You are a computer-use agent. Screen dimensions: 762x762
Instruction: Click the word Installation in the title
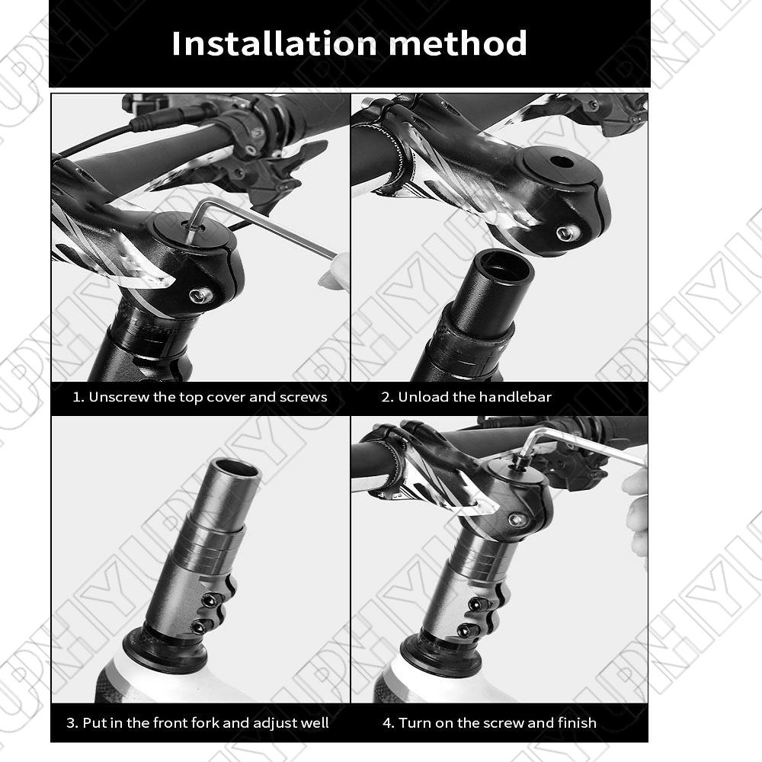(274, 43)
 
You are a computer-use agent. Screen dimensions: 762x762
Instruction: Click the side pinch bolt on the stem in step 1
(199, 294)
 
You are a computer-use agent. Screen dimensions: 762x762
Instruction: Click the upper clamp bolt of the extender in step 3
(209, 600)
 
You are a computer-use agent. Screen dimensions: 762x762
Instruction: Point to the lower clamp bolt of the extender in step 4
(466, 630)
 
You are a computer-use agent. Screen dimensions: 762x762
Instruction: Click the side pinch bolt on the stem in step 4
(517, 520)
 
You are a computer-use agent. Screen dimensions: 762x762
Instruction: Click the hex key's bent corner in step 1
(203, 204)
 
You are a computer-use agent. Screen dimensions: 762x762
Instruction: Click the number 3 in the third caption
(71, 722)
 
